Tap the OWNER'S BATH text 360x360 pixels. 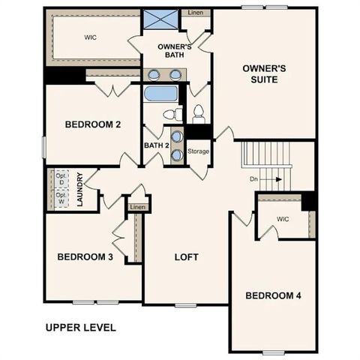click(x=175, y=51)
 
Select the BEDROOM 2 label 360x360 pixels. click(x=93, y=124)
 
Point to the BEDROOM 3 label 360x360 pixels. click(x=85, y=257)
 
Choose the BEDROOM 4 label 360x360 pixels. click(x=273, y=295)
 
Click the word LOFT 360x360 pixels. click(x=186, y=257)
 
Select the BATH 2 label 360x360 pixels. click(x=156, y=145)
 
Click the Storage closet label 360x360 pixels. click(x=199, y=151)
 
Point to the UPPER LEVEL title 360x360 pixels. click(x=80, y=327)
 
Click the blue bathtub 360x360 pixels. click(x=160, y=94)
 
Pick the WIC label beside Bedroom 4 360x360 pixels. click(x=282, y=219)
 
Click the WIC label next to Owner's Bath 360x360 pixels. click(x=90, y=36)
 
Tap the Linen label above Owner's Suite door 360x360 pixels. click(x=195, y=13)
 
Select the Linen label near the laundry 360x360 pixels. click(x=137, y=207)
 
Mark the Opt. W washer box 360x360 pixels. click(x=61, y=199)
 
